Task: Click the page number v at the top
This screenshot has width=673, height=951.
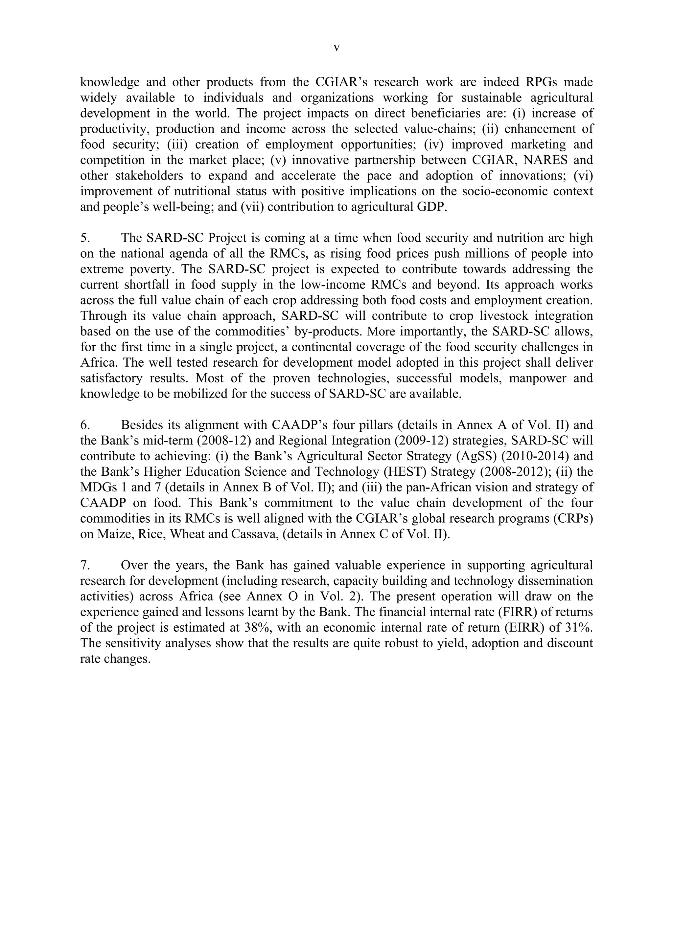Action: click(336, 49)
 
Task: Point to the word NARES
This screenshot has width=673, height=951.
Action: click(540, 160)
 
